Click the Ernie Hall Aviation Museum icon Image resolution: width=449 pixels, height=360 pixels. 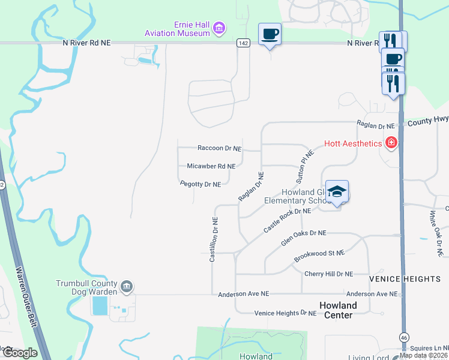219,28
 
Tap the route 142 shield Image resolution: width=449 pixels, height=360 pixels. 243,43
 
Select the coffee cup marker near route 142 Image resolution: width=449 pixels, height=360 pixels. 270,34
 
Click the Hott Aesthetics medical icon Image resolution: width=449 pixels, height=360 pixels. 391,143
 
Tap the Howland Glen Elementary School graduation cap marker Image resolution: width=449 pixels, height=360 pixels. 337,191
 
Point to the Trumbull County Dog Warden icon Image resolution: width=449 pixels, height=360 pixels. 127,287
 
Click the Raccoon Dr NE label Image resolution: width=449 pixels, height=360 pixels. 219,148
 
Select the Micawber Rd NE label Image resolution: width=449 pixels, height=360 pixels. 211,166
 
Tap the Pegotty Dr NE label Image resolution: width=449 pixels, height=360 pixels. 200,184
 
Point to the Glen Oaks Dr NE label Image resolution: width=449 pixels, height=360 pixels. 304,238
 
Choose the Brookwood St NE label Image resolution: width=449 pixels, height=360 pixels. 319,256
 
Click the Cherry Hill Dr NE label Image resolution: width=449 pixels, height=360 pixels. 328,274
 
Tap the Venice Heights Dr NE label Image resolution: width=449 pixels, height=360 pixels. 285,313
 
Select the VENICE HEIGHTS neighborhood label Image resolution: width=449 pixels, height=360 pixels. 405,279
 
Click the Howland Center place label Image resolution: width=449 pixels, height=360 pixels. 338,310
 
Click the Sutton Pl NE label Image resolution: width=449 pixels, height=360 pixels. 306,166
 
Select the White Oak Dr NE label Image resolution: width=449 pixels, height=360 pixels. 435,233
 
